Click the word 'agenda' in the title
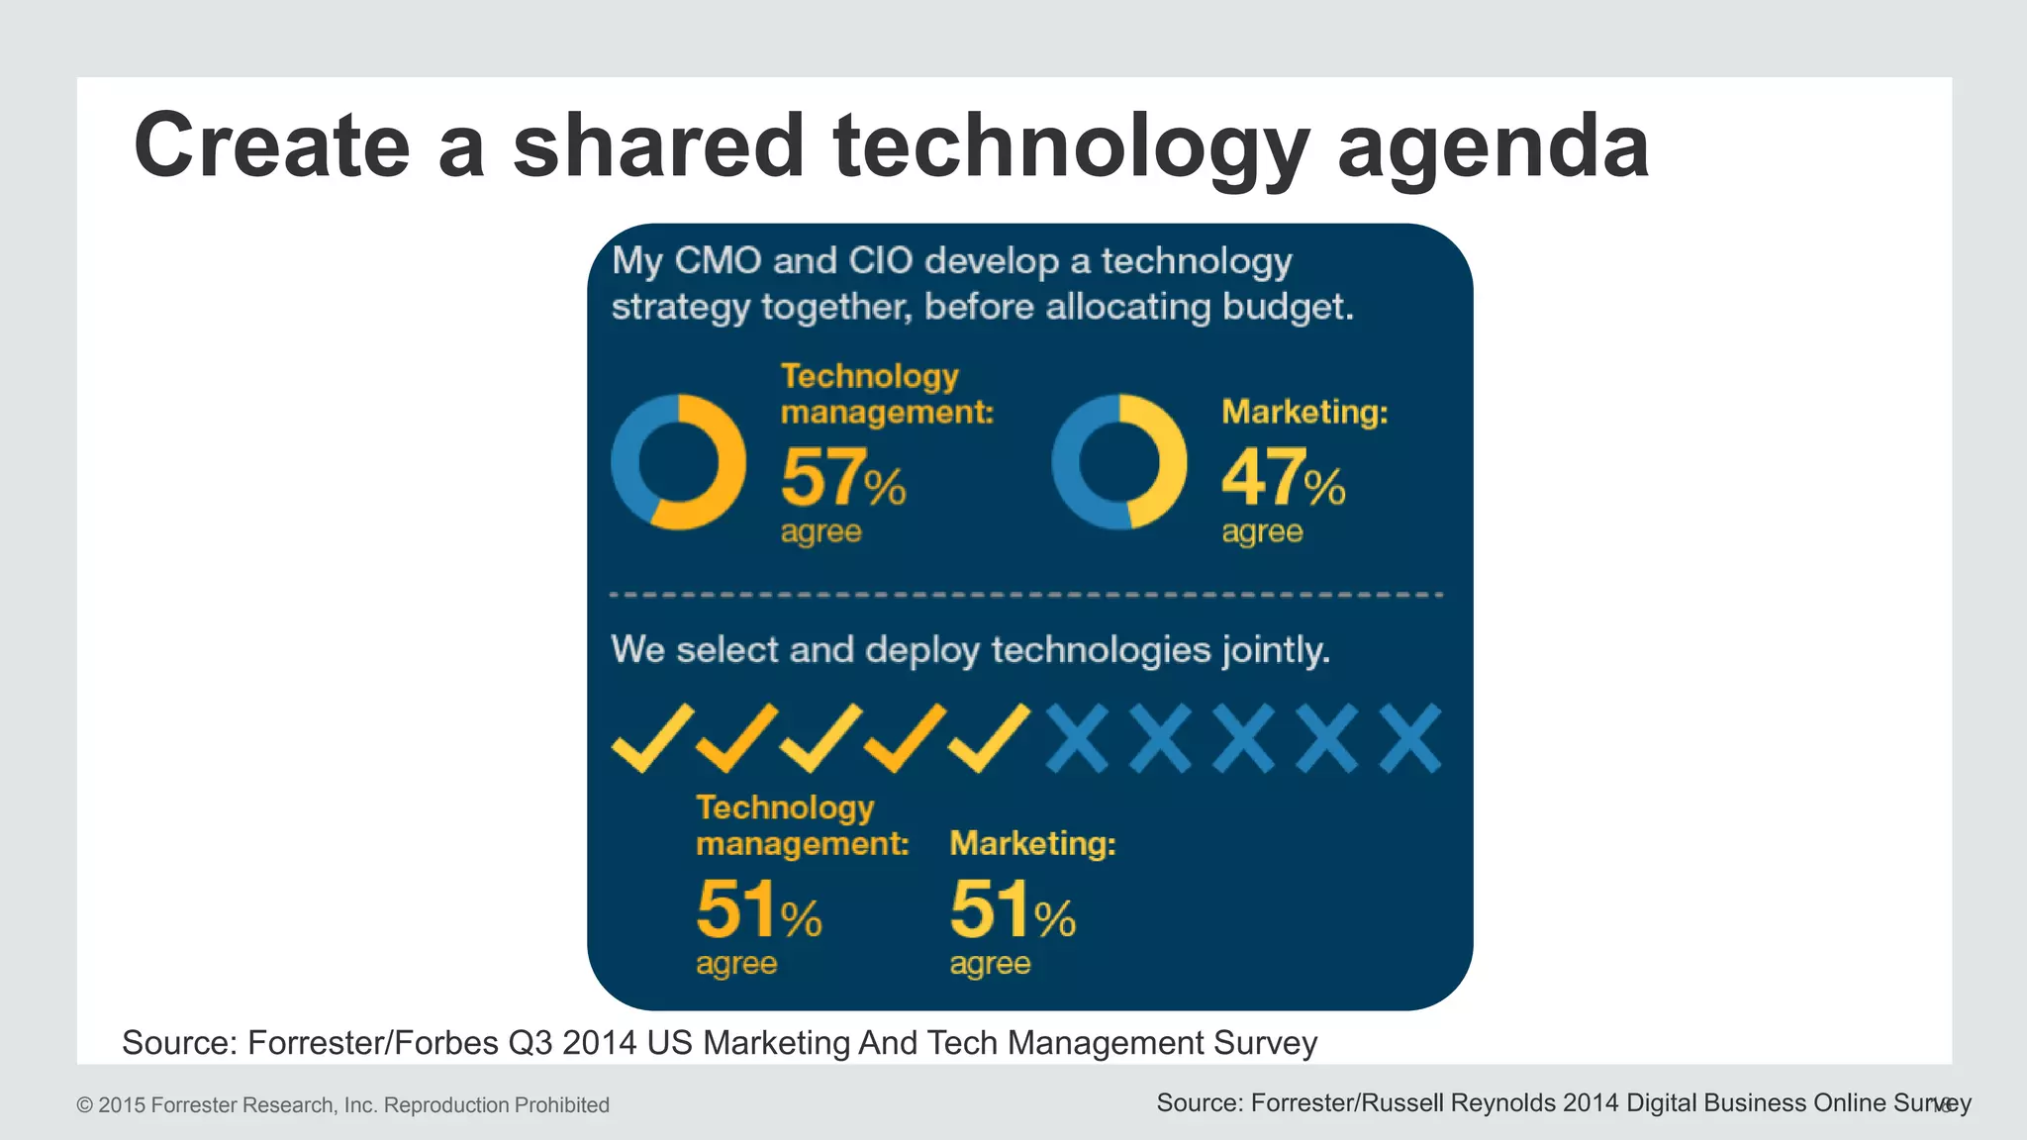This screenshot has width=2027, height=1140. pos(1493,146)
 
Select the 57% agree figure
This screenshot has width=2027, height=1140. pos(842,477)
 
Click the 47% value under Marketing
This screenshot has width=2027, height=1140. pos(1283,477)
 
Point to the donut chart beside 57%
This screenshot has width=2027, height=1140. pos(678,462)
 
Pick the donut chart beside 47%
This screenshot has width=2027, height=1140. pos(1119,462)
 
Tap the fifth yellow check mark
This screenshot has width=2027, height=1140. pos(988,738)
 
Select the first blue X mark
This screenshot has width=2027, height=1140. pos(1077,738)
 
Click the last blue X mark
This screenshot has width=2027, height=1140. pos(1410,738)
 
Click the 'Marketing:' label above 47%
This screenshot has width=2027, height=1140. pos(1304,412)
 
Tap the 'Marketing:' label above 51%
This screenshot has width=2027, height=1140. pos(1032,843)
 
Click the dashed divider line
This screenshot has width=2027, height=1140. pos(1026,595)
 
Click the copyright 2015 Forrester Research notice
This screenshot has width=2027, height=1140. pos(342,1105)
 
